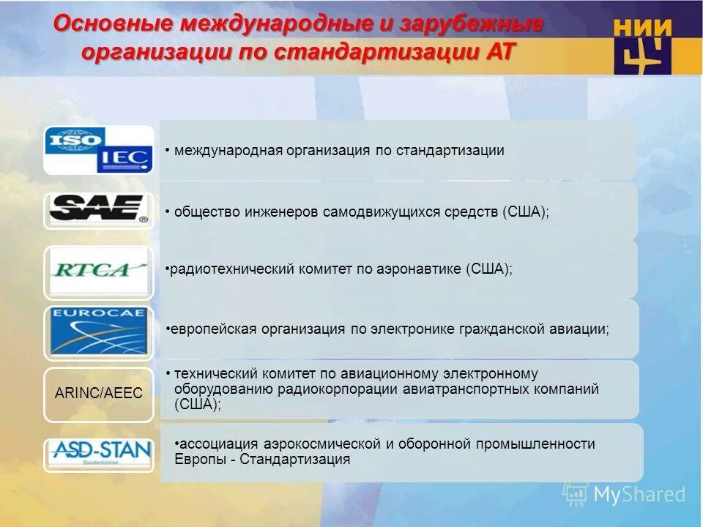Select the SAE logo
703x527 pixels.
click(x=98, y=209)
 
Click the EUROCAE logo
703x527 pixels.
click(x=98, y=332)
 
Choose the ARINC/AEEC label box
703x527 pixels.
click(x=98, y=393)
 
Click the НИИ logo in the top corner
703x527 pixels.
click(x=642, y=45)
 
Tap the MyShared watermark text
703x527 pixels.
click(x=639, y=494)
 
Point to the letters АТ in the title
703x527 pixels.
click(x=498, y=53)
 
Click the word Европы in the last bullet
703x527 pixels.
click(x=198, y=460)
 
